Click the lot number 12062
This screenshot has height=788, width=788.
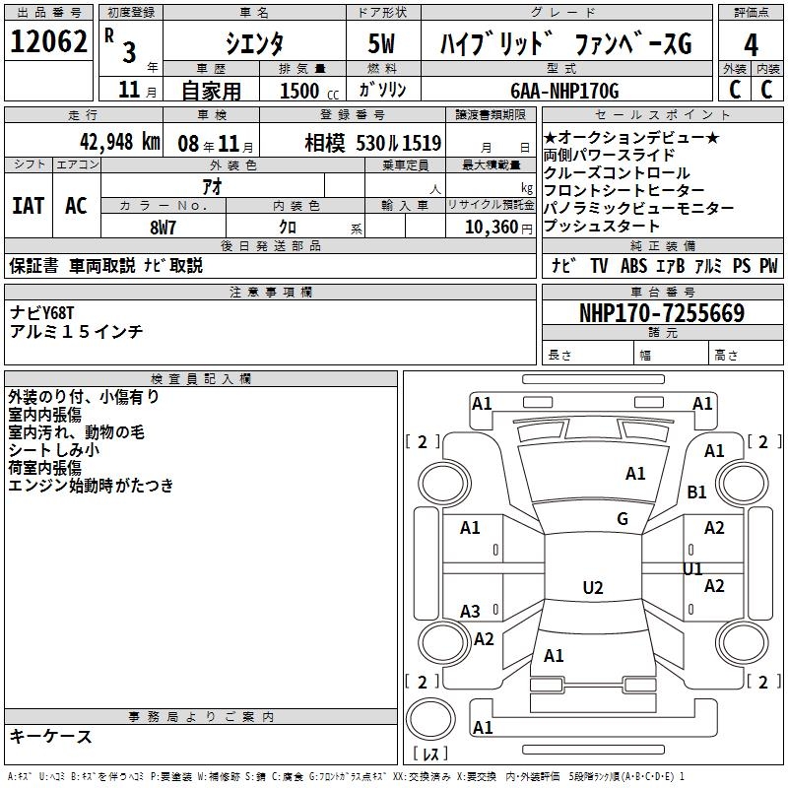click(x=48, y=42)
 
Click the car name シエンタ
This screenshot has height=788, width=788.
click(x=255, y=44)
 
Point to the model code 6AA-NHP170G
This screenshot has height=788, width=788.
click(x=564, y=91)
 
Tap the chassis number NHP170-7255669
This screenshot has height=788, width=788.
click(x=662, y=313)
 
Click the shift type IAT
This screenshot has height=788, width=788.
click(x=29, y=206)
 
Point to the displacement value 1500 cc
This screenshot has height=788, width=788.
click(x=307, y=91)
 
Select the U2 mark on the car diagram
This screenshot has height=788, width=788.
click(x=592, y=588)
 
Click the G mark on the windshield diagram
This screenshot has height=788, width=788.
click(x=622, y=518)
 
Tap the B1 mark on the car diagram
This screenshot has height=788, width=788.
click(x=696, y=492)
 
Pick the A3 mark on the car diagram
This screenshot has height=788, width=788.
click(x=471, y=612)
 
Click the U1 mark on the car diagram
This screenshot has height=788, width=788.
click(x=692, y=569)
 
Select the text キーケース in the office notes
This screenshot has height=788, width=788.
click(x=51, y=736)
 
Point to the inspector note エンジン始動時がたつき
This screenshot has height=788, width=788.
click(x=91, y=485)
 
